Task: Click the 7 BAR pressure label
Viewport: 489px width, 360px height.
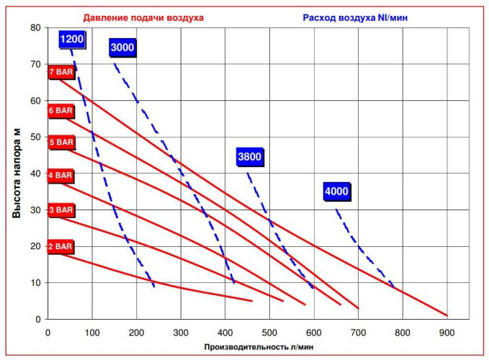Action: [60, 73]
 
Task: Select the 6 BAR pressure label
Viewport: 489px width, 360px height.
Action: [60, 111]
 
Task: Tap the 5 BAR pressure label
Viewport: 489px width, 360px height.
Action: [60, 143]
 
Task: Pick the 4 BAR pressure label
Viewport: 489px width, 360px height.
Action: [60, 175]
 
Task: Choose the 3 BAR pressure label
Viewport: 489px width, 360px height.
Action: [60, 210]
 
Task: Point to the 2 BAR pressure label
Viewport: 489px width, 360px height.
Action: [60, 247]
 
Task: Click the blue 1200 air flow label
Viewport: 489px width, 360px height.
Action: [73, 39]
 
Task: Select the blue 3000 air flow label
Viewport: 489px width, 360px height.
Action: [122, 48]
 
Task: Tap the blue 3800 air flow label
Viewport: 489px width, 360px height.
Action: [249, 156]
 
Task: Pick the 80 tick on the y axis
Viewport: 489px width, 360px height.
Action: [35, 28]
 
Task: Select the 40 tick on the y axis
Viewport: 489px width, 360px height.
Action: [35, 174]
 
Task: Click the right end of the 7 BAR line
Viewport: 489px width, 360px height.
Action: [447, 315]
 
